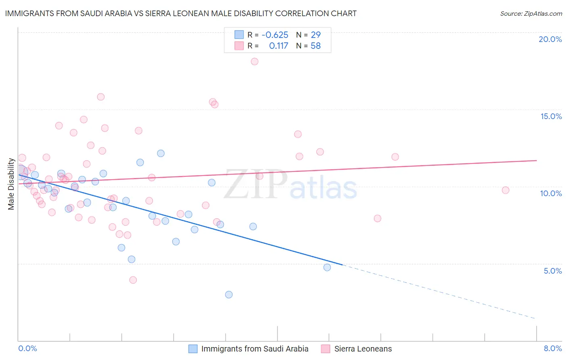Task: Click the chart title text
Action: [x=181, y=13]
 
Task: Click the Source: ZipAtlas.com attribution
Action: [x=531, y=13]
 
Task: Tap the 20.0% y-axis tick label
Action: [x=550, y=39]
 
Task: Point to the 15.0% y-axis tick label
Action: [x=551, y=116]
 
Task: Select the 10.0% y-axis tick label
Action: [x=551, y=193]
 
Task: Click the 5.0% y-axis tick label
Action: [x=552, y=271]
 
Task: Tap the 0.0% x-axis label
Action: [x=28, y=348]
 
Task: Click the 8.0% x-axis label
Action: [x=552, y=348]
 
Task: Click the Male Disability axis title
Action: [x=11, y=184]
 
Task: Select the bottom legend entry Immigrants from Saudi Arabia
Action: [x=254, y=349]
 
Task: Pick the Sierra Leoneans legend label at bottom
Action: [x=363, y=349]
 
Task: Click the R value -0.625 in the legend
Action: [x=275, y=35]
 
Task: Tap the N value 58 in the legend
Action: [x=315, y=46]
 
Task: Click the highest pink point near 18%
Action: [x=254, y=62]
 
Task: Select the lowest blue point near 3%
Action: [x=229, y=295]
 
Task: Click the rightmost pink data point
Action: [x=505, y=190]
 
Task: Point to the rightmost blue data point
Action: [x=327, y=267]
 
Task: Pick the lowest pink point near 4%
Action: [x=133, y=280]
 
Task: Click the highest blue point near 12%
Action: [x=161, y=153]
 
